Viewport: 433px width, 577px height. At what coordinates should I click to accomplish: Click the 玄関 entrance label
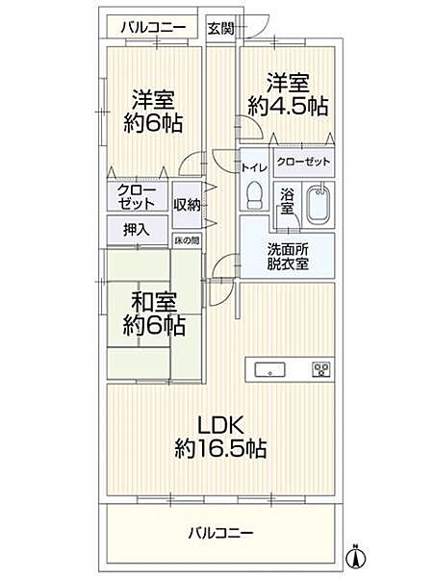click(221, 29)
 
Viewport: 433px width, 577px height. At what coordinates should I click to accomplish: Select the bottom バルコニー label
click(220, 532)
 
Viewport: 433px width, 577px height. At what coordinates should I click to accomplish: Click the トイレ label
click(254, 165)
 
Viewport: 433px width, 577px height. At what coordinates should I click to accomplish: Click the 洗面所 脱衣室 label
click(288, 256)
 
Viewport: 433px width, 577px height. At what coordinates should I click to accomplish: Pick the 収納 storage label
click(187, 204)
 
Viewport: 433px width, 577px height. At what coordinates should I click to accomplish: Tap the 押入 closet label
click(137, 231)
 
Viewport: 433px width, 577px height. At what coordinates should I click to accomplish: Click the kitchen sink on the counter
click(268, 368)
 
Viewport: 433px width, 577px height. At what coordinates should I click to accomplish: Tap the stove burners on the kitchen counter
click(320, 368)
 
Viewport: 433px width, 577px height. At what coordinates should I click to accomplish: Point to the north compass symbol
click(356, 555)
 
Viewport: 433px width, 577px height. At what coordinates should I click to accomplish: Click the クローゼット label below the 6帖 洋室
click(137, 197)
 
